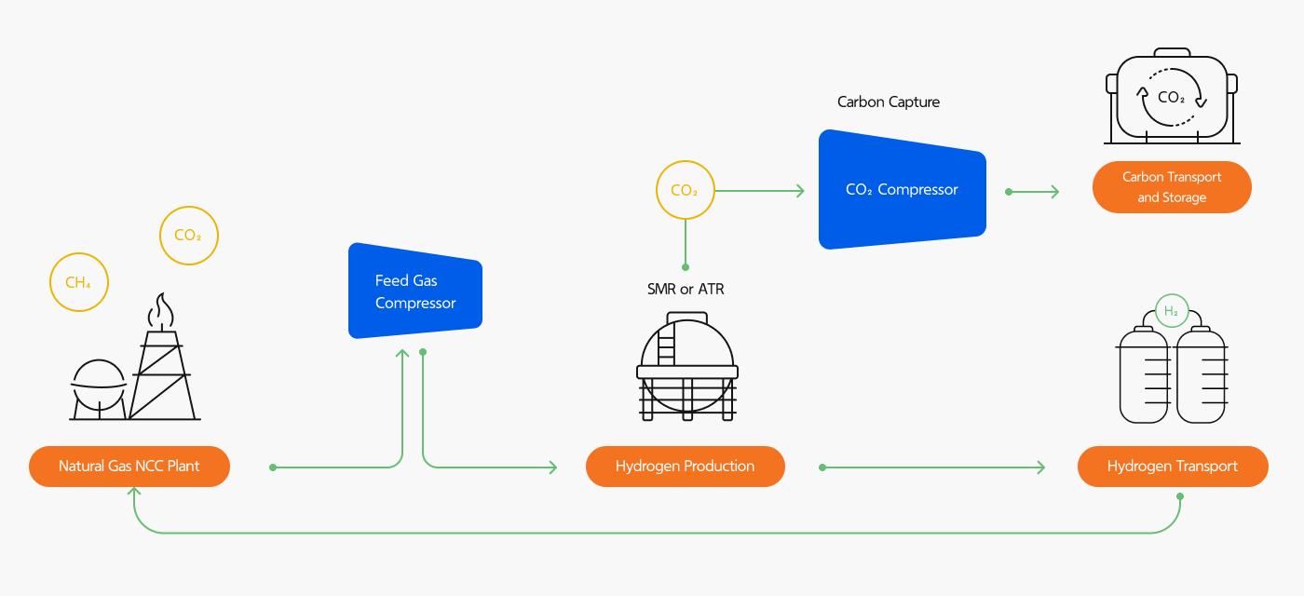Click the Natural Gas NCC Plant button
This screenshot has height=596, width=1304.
[x=129, y=467]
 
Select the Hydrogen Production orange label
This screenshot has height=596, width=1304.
[x=685, y=467]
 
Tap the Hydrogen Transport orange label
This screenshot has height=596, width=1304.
[x=1172, y=467]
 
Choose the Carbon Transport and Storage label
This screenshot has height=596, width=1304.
[x=1171, y=187]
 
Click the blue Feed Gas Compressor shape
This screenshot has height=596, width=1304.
[x=414, y=291]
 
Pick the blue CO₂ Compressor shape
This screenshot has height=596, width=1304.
[x=902, y=190]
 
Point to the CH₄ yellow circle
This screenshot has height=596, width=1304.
[x=78, y=282]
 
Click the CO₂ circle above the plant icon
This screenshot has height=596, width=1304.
[x=188, y=236]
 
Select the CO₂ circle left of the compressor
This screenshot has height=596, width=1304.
[x=685, y=191]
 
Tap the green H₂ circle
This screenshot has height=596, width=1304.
[x=1172, y=312]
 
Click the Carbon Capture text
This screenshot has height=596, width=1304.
[x=889, y=102]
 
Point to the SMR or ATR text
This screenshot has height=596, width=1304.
[x=686, y=290]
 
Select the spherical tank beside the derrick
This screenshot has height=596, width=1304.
[x=99, y=384]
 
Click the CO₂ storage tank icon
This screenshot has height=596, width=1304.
[x=1171, y=97]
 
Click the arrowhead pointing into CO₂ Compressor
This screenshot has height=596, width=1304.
[x=799, y=191]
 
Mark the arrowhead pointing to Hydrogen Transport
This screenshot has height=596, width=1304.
[x=1039, y=467]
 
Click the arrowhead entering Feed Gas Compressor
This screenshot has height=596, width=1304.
[x=402, y=354]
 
